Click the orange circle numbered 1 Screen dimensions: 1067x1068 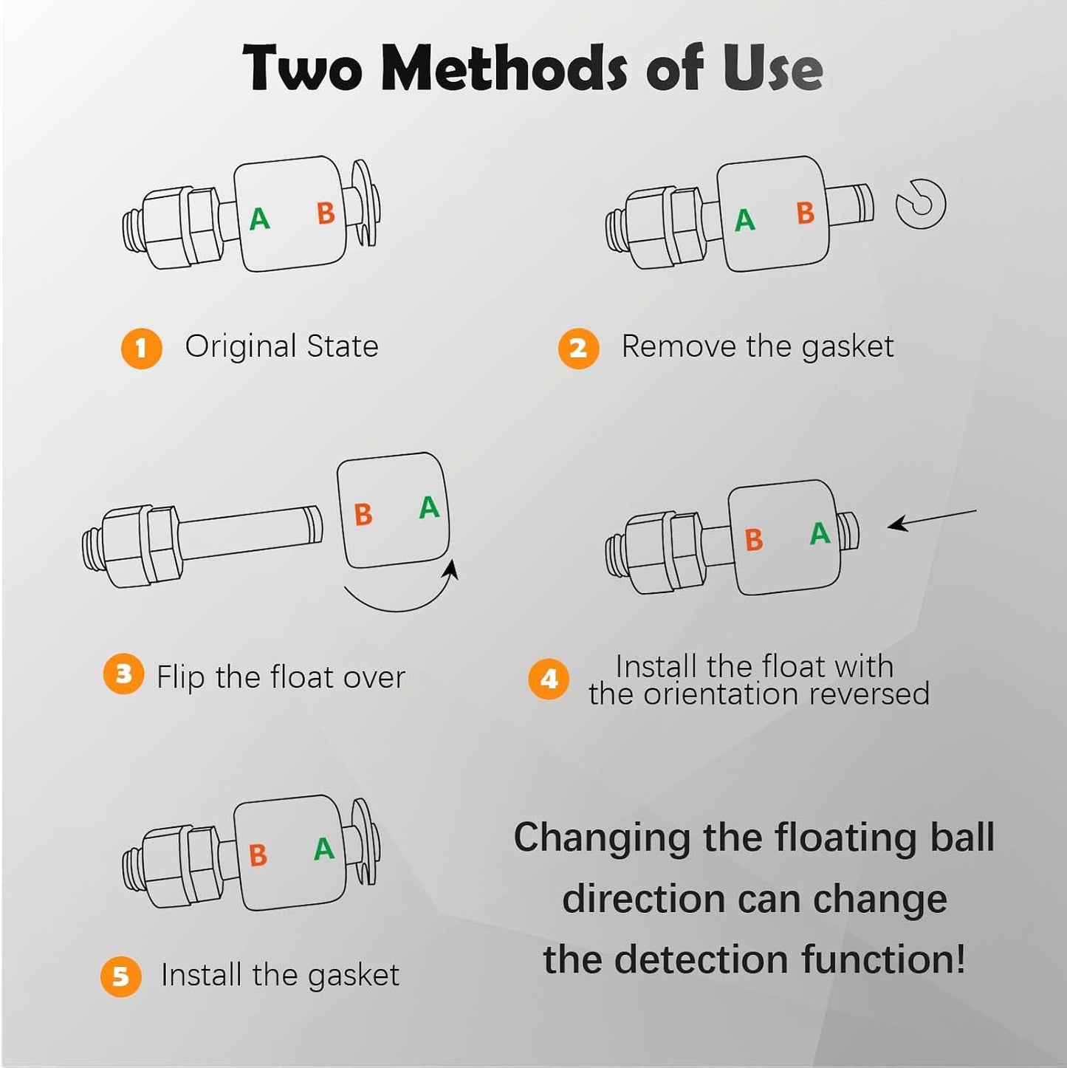click(x=141, y=349)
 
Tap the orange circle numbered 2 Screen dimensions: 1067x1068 click(x=578, y=349)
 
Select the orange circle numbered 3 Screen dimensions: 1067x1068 click(x=123, y=674)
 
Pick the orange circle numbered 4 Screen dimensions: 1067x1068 click(x=548, y=679)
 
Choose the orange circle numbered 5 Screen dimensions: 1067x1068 click(x=121, y=976)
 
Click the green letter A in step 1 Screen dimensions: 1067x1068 click(x=259, y=219)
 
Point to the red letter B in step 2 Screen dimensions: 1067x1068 click(x=805, y=213)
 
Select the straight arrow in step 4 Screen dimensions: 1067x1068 click(x=932, y=518)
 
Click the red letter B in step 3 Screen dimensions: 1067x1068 click(x=363, y=514)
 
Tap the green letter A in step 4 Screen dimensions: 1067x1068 click(x=820, y=534)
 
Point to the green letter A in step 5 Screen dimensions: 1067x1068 click(x=324, y=849)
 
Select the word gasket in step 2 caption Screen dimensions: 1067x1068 click(x=848, y=347)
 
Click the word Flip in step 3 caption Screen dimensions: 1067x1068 click(x=181, y=677)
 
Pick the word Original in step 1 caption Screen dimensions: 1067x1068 click(x=241, y=347)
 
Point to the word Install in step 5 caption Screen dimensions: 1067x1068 click(x=202, y=975)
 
